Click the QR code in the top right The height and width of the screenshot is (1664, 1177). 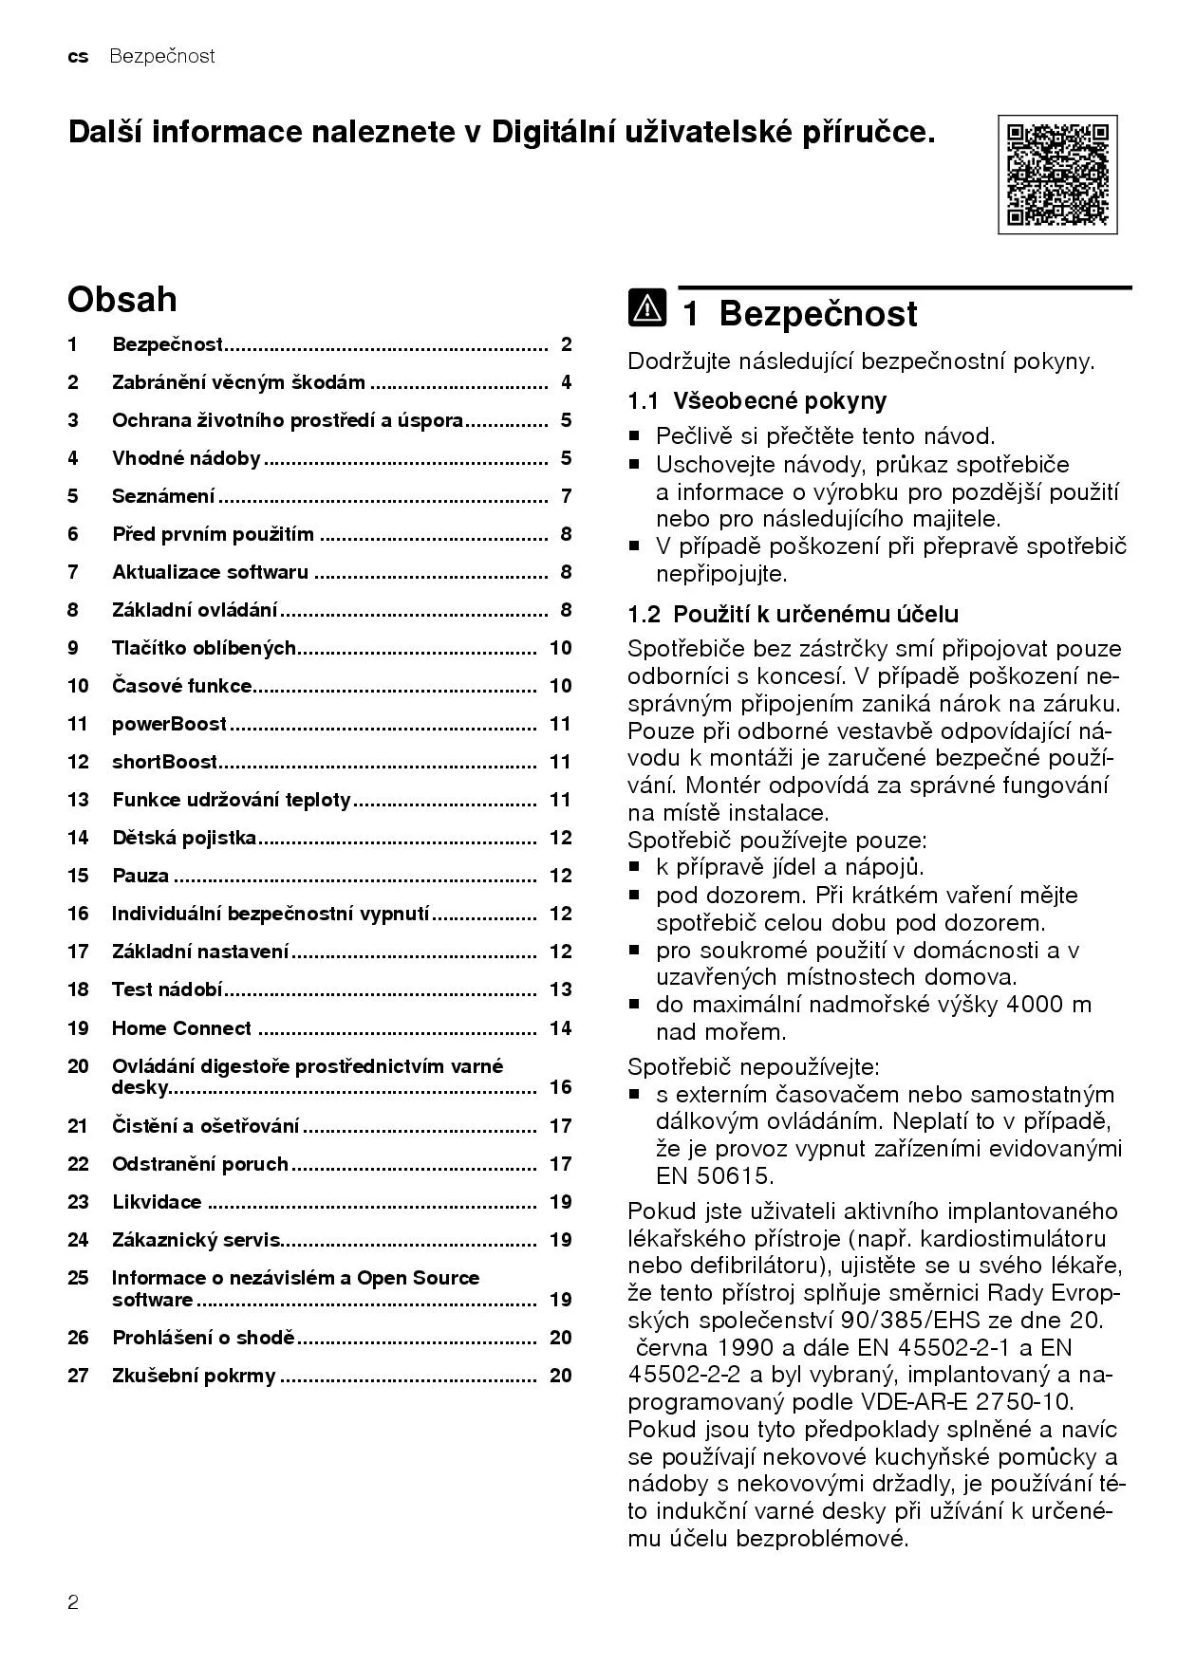point(1057,175)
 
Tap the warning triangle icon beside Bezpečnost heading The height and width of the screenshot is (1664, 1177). point(646,308)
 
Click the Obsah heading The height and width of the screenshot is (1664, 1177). point(121,299)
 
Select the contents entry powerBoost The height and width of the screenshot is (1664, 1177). point(169,724)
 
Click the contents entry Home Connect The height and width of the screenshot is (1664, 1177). point(181,1028)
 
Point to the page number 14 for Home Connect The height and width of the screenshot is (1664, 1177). point(560,1028)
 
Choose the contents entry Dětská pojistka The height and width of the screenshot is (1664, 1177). point(184,838)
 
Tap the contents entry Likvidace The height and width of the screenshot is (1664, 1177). point(157,1202)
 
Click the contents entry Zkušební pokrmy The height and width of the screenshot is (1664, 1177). point(194,1376)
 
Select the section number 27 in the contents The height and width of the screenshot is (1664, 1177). point(78,1376)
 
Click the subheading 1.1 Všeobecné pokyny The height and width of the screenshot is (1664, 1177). point(757,400)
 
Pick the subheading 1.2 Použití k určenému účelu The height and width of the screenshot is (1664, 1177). point(793,614)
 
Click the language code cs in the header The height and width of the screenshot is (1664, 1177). point(78,56)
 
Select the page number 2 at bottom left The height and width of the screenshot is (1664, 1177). point(73,1603)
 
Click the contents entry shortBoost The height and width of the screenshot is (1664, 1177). point(165,762)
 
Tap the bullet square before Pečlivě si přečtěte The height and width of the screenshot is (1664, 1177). point(635,437)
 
